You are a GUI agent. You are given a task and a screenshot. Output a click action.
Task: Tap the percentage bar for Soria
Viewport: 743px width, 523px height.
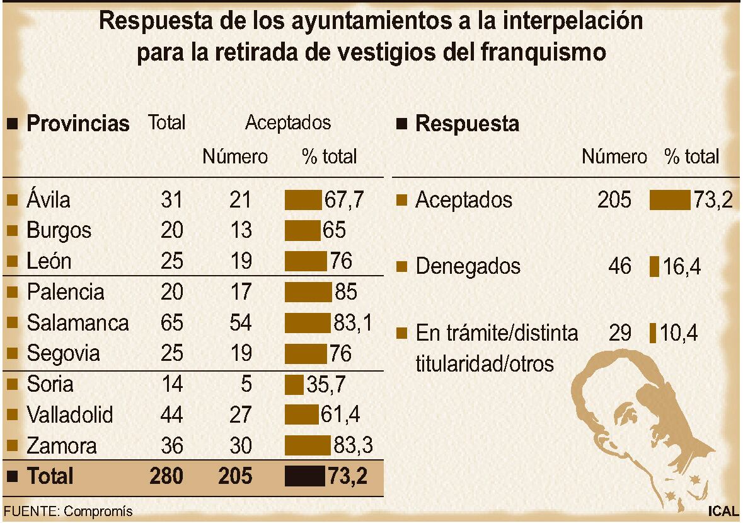[294, 384]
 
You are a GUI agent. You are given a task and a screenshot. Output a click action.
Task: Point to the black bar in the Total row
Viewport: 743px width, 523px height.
[305, 476]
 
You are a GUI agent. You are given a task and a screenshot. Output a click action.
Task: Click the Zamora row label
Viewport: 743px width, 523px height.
[62, 446]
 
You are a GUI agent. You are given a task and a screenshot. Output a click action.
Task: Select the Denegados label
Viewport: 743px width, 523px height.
[468, 266]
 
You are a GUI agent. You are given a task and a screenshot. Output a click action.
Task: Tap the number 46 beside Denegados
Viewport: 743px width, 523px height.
[619, 266]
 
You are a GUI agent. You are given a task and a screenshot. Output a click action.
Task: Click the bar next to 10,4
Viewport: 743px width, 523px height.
[653, 332]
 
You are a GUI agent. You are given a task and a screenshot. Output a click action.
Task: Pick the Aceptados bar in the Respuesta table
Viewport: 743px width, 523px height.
[670, 200]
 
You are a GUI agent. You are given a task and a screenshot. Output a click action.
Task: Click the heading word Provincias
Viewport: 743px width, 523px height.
[78, 123]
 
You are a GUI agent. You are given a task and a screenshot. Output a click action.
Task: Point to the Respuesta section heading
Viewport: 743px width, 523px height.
[467, 124]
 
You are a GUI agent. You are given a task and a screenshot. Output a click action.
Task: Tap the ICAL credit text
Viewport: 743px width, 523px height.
[722, 511]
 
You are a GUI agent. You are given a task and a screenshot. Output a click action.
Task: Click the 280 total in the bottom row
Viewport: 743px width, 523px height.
[166, 476]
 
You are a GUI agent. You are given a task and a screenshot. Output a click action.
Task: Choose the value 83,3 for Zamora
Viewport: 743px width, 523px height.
[352, 446]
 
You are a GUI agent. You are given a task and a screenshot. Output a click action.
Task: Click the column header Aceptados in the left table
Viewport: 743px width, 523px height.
[287, 122]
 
